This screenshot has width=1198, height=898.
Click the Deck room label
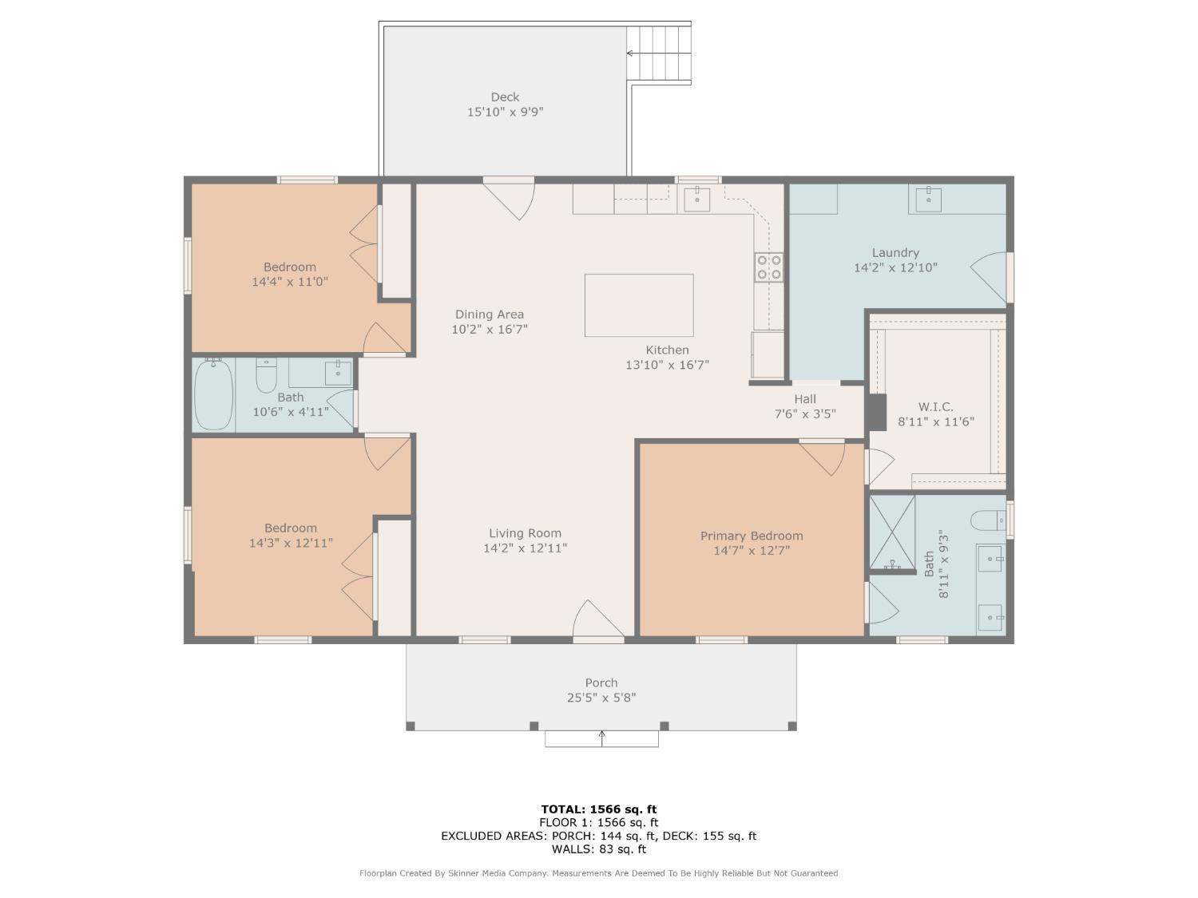coord(505,97)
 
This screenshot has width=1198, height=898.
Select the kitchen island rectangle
coord(639,306)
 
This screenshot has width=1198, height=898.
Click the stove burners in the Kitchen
coord(769,267)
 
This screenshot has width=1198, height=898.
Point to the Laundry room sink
coord(928,199)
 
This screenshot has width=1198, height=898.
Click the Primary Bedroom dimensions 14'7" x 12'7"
coord(752,551)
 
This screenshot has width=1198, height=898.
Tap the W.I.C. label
coord(935,407)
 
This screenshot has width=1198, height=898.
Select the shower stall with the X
coord(892,532)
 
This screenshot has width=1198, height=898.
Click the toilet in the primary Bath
coord(988,520)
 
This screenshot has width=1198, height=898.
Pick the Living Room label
coord(525,533)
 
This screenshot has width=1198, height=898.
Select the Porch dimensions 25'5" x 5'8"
coord(601,698)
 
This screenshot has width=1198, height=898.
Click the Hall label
coord(805,399)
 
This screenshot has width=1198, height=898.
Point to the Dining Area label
coord(490,314)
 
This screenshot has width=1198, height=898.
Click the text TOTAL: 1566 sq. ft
coord(599,809)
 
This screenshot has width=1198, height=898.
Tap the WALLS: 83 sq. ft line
coord(599,849)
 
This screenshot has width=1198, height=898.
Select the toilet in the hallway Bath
coord(266,375)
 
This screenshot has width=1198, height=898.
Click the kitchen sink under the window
coord(697,199)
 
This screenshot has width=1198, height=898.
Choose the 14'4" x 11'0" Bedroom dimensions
coord(290,282)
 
